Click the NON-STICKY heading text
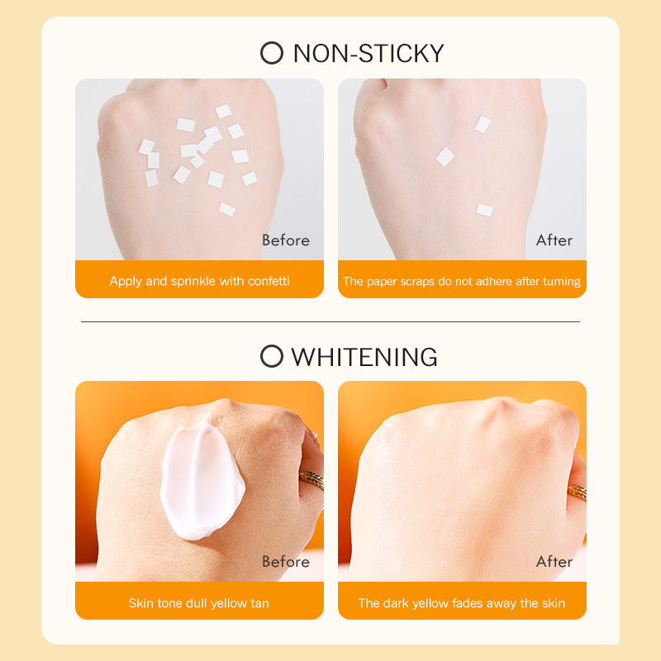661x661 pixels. point(369,54)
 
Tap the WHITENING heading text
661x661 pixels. point(364,357)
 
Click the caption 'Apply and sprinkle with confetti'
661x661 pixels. point(199,281)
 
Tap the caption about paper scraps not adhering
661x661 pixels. point(462,281)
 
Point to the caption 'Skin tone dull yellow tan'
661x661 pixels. point(198,603)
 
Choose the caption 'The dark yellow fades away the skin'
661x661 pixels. point(462,603)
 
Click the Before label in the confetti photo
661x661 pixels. point(286,240)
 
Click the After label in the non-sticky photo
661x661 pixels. point(554,240)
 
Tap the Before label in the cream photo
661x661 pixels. point(286,562)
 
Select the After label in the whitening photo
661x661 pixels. point(554,562)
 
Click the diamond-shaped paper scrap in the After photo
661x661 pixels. point(445,157)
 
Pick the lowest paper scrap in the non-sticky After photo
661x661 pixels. point(484,210)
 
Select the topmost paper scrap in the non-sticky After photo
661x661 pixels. point(483,125)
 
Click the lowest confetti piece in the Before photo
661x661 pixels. point(226,210)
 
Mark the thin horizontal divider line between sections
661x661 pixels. point(330,321)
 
